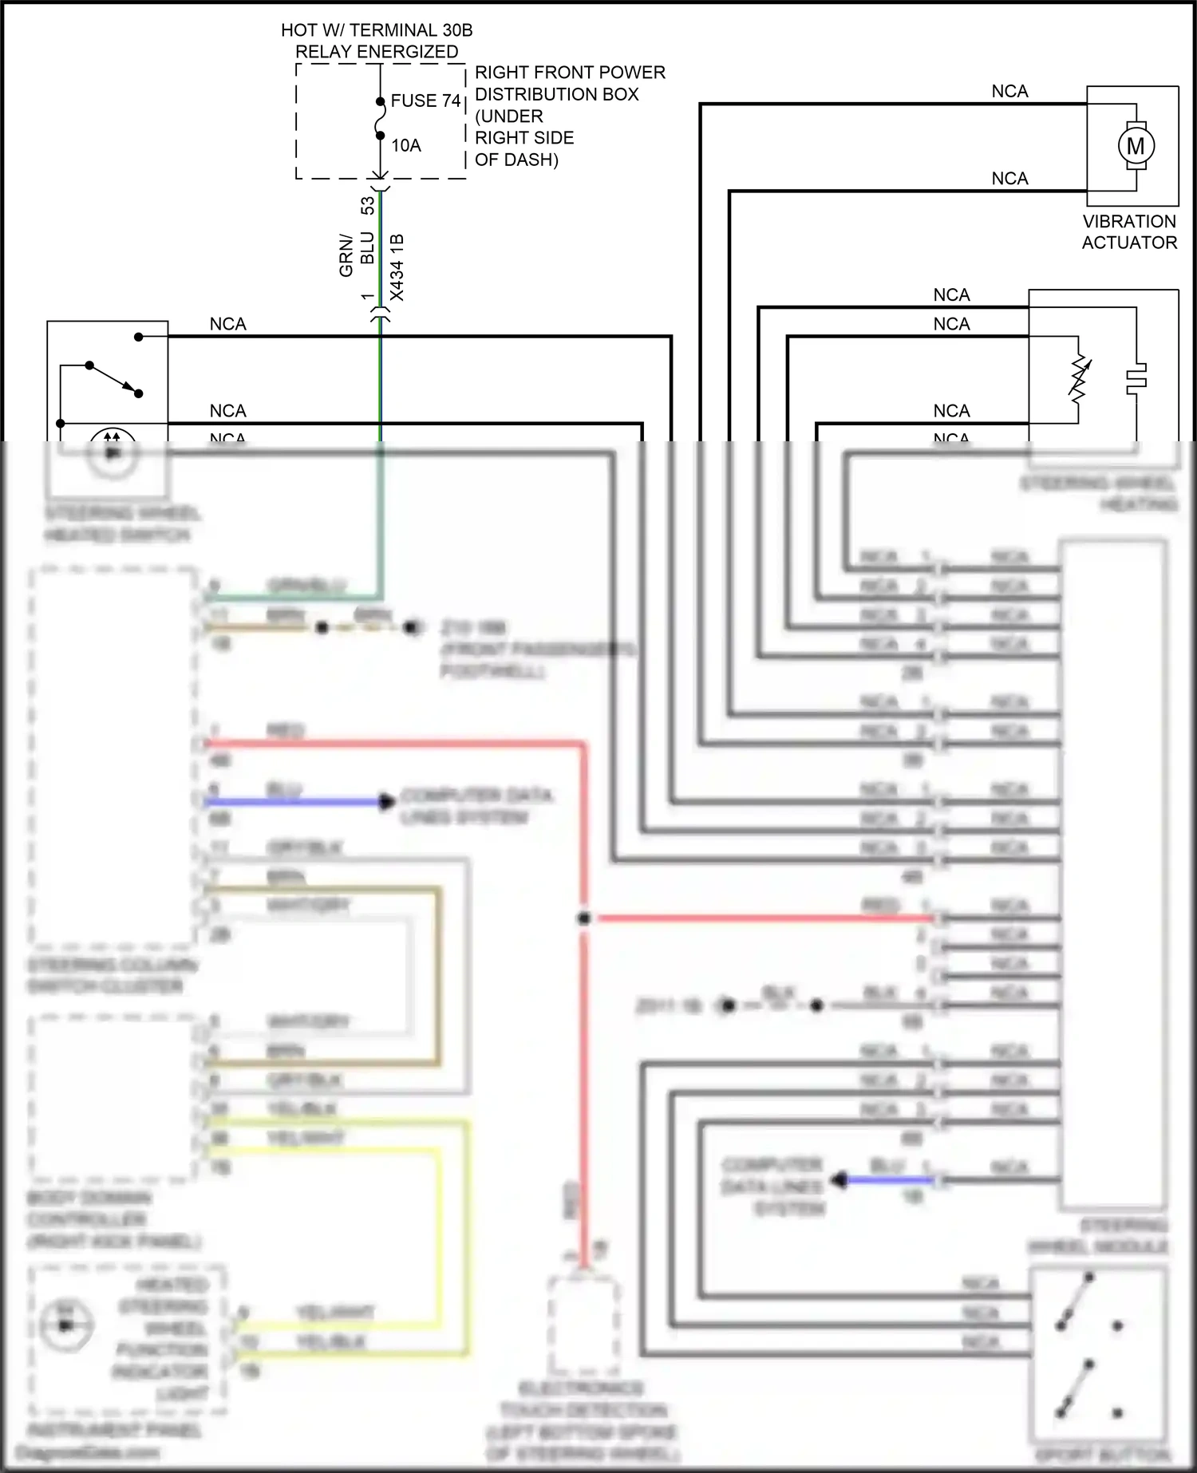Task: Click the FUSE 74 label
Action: (x=425, y=101)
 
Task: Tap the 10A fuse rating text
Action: (x=405, y=145)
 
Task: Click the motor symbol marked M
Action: (x=1135, y=146)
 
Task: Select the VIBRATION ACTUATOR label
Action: (x=1129, y=232)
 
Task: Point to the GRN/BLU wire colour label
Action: (x=356, y=254)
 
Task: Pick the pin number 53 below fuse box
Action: (x=368, y=206)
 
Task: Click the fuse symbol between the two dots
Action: (x=380, y=119)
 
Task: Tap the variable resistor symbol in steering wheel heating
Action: (x=1079, y=379)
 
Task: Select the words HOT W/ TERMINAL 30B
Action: (x=377, y=30)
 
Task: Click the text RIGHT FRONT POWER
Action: (x=570, y=73)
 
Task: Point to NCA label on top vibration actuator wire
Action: (x=1009, y=92)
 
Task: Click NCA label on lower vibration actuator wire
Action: (x=1009, y=179)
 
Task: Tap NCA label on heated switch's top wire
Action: (x=227, y=324)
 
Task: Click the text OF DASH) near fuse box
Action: (x=516, y=160)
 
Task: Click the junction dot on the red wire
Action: (x=583, y=918)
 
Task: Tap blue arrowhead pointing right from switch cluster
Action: (x=387, y=801)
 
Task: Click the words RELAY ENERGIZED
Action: (x=377, y=52)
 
